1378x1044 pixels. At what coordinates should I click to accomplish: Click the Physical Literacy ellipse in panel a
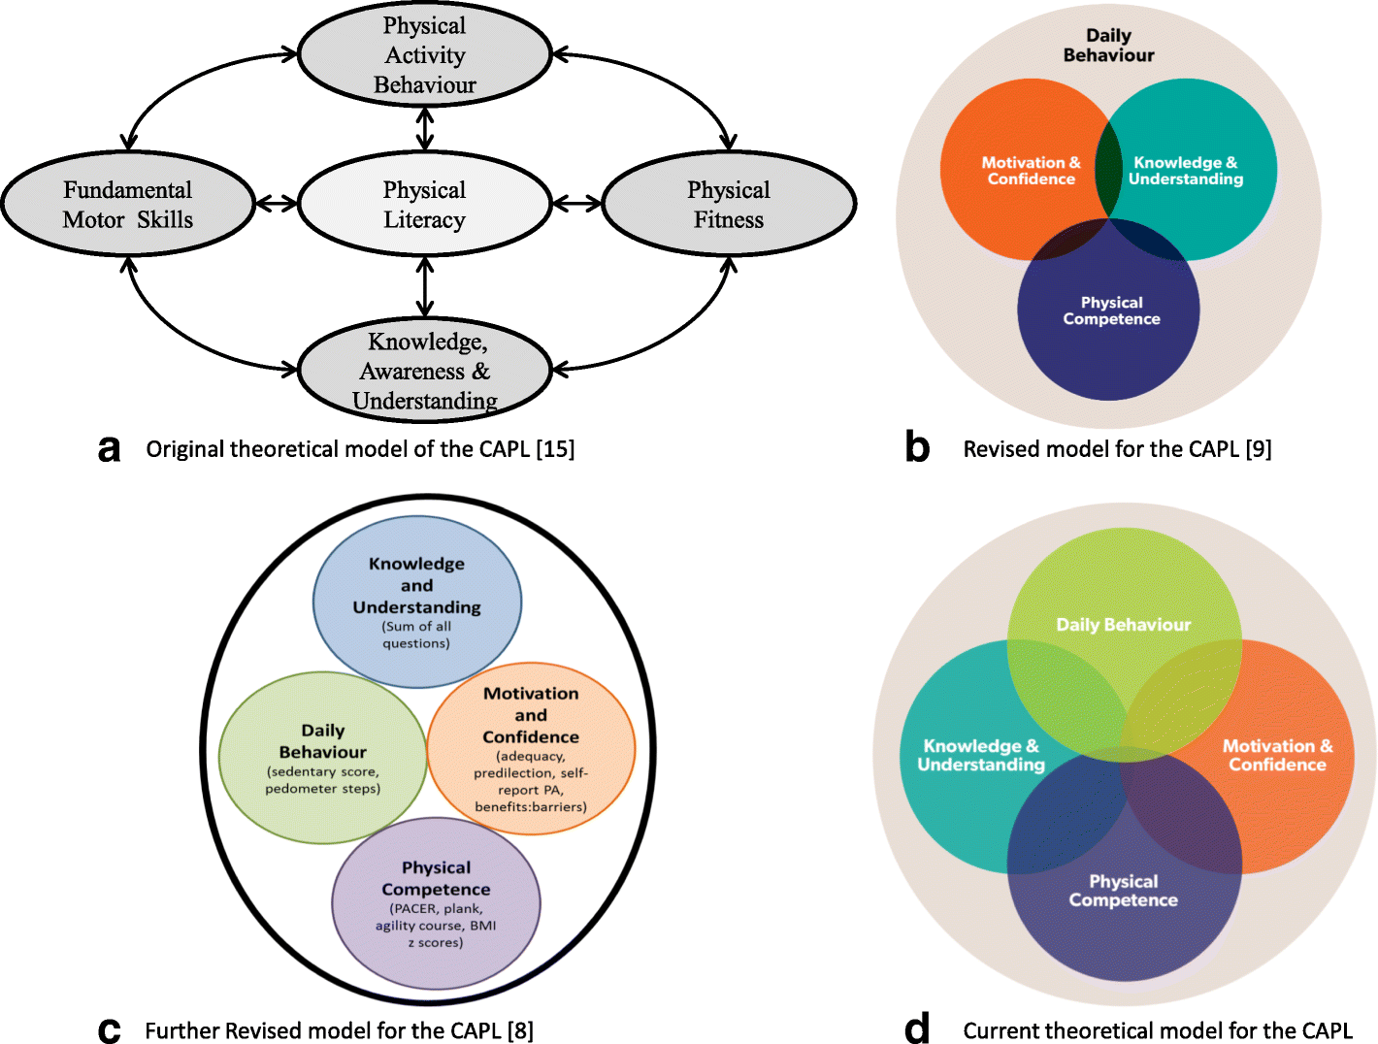coord(424,205)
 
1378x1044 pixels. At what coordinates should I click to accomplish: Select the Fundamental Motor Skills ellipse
coord(128,205)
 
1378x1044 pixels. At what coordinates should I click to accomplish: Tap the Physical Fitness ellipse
coord(729,205)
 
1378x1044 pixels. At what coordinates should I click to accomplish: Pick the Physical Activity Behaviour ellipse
coord(424,54)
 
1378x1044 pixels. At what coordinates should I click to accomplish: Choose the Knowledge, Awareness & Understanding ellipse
coord(424,371)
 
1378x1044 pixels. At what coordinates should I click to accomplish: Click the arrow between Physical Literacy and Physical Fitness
coord(576,204)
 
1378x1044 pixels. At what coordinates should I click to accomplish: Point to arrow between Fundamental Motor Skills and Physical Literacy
coord(276,204)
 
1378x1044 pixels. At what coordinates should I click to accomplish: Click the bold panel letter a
coord(110,449)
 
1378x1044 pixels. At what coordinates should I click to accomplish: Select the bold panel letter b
coord(917,447)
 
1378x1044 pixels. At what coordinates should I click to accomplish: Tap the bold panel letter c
coord(110,1030)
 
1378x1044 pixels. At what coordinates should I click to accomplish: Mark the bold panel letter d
coord(917,1028)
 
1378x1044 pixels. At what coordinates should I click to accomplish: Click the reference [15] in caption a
coord(555,449)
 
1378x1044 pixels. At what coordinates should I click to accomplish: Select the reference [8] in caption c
coord(520,1030)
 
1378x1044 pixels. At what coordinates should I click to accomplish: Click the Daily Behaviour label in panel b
coord(1108,46)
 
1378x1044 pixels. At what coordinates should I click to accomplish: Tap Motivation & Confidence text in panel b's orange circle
coord(1031,171)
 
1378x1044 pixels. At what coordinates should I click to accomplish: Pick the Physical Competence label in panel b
coord(1111,310)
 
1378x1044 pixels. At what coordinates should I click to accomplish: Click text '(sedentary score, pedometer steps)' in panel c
coord(323,780)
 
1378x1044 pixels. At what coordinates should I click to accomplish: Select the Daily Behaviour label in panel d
coord(1123,625)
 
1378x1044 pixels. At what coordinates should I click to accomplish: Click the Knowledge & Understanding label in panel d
coord(980,755)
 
